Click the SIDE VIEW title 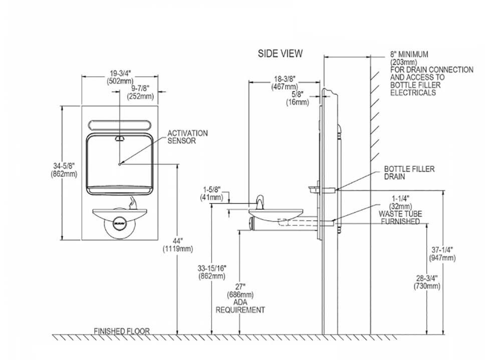pyautogui.click(x=280, y=53)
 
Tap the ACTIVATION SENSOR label pyautogui.click(x=187, y=137)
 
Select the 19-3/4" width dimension pyautogui.click(x=120, y=77)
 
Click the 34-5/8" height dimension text pyautogui.click(x=64, y=170)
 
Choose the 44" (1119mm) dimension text pyautogui.click(x=178, y=245)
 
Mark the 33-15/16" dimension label pyautogui.click(x=211, y=272)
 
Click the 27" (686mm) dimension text pyautogui.click(x=240, y=290)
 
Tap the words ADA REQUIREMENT pyautogui.click(x=240, y=306)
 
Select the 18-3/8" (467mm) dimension pyautogui.click(x=285, y=83)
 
